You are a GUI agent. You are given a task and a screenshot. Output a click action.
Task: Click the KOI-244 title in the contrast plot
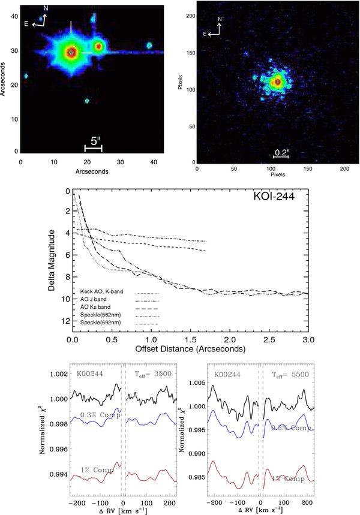click(274, 197)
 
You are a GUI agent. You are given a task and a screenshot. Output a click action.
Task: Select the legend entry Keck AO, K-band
click(101, 291)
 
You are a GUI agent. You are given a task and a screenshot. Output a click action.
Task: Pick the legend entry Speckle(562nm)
click(101, 315)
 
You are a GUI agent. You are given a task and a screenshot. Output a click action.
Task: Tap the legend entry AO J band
click(94, 299)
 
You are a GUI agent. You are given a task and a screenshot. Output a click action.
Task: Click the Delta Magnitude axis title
click(52, 260)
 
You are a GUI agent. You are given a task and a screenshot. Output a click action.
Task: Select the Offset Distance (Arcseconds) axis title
click(190, 349)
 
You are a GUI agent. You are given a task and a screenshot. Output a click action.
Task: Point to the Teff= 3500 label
click(153, 374)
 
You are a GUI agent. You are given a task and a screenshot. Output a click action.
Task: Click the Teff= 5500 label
click(290, 375)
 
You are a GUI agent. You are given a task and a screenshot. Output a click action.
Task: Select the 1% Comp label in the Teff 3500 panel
click(97, 470)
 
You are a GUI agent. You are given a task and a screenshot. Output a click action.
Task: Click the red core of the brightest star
click(71, 52)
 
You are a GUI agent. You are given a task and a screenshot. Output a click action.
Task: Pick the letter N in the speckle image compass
click(220, 19)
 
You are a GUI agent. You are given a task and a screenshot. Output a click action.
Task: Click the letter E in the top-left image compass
click(26, 23)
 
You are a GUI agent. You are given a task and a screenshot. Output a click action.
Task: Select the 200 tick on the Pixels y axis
click(191, 16)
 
